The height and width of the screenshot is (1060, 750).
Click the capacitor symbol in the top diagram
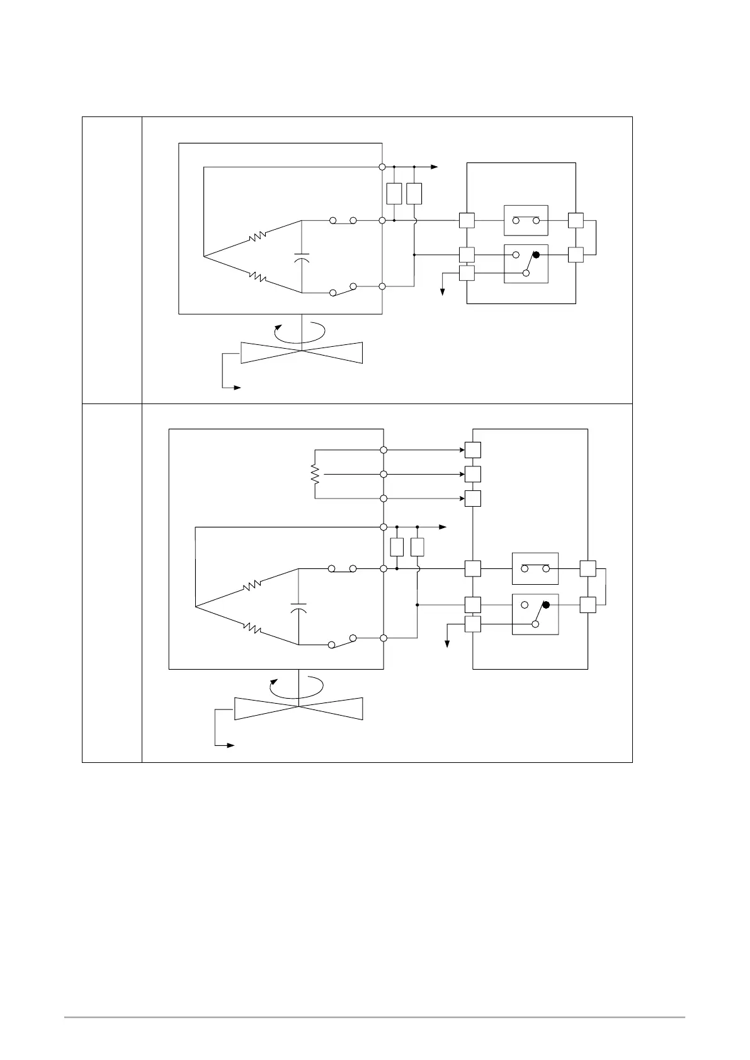point(302,258)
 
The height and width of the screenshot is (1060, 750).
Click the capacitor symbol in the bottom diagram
point(298,607)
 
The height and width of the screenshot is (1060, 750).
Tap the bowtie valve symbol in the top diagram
point(302,352)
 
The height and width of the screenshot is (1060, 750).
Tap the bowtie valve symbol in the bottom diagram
point(298,709)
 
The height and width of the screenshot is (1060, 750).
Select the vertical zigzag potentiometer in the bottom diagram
point(315,474)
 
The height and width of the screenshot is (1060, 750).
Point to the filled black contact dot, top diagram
point(537,254)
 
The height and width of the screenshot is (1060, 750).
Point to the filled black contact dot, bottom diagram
point(546,605)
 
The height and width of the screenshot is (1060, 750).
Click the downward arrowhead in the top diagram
point(443,291)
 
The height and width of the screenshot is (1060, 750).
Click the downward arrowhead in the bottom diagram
point(447,643)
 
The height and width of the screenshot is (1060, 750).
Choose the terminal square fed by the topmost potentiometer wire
point(473,450)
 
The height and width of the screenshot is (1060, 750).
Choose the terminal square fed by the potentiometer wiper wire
point(473,474)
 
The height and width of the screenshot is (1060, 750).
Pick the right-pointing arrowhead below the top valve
point(237,388)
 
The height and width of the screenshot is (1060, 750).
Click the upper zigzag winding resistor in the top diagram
point(258,237)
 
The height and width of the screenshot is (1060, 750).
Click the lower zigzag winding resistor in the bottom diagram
point(252,627)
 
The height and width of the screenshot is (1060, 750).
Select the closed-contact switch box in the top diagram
point(526,220)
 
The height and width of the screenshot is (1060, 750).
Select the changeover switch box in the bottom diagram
point(535,614)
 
